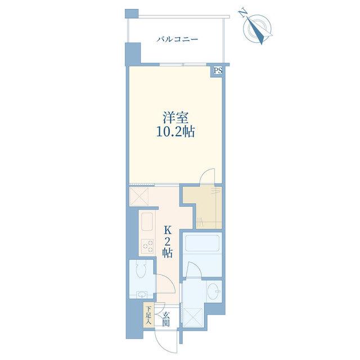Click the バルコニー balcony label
click(x=177, y=39)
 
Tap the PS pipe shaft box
click(x=218, y=71)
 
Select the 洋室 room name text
click(x=175, y=118)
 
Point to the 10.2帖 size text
click(x=175, y=132)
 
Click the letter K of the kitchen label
click(x=168, y=229)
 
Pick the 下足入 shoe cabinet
click(x=149, y=315)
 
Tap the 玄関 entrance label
click(x=166, y=319)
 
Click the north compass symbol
click(x=257, y=29)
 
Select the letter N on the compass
click(x=242, y=13)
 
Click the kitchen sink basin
click(x=147, y=222)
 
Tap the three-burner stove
click(x=147, y=246)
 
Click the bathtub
click(x=202, y=244)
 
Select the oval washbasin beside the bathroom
click(x=214, y=289)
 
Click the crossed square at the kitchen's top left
click(x=139, y=196)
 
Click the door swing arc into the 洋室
click(x=206, y=175)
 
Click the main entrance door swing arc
click(x=166, y=342)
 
